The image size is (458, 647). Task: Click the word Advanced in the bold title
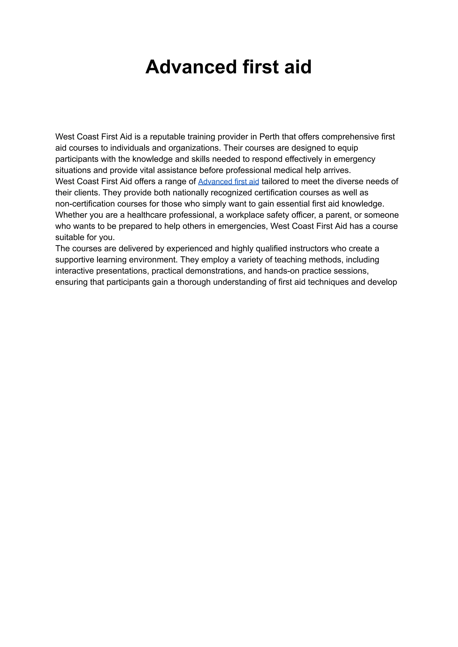(191, 67)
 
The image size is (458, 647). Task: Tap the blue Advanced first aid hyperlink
(228, 182)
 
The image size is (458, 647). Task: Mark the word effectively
(303, 159)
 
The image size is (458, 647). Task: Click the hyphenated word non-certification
(85, 204)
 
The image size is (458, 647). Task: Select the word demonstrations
(215, 271)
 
